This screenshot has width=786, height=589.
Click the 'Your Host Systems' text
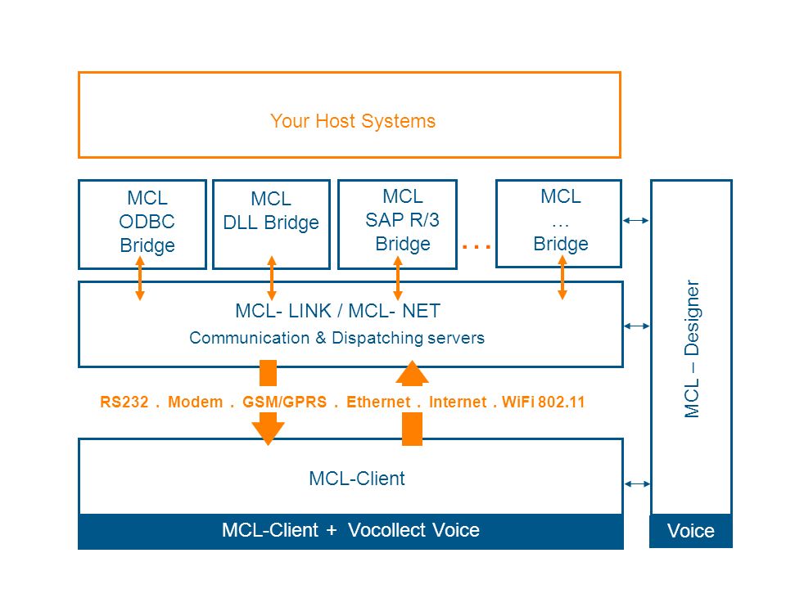(x=353, y=121)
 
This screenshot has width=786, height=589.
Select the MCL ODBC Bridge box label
(x=147, y=222)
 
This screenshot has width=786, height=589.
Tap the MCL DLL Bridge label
(x=271, y=211)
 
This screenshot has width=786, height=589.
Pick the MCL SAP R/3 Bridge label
(x=403, y=220)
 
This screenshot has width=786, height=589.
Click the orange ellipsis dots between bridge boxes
(x=477, y=246)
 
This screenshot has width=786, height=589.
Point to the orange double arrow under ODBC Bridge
(x=140, y=278)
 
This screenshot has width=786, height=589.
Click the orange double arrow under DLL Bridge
(x=272, y=278)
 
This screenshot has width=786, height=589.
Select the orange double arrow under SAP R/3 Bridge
(x=398, y=278)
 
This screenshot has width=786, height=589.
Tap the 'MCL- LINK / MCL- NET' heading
(x=338, y=311)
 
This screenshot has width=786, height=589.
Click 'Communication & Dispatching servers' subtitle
(x=337, y=338)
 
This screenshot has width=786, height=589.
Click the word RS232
(x=124, y=402)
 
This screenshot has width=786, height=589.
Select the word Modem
(x=196, y=402)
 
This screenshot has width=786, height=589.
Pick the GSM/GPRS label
(x=285, y=402)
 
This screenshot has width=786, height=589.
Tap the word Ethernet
(x=378, y=402)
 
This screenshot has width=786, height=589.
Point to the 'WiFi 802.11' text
(x=544, y=402)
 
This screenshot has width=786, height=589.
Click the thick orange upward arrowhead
(x=412, y=373)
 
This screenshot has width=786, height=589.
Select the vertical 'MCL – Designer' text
(x=692, y=348)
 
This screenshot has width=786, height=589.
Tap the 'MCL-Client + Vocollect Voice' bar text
(x=351, y=530)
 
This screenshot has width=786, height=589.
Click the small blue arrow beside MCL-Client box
(x=638, y=483)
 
